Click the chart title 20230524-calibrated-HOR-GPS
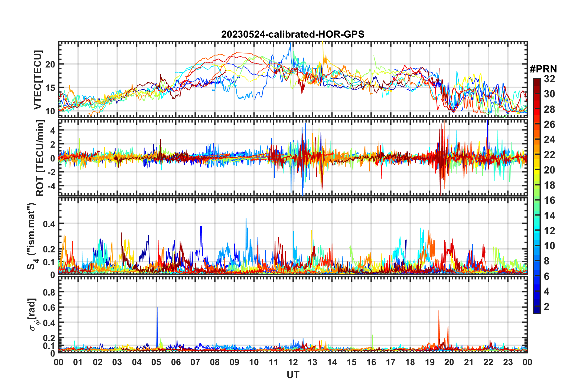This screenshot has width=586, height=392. pyautogui.click(x=293, y=34)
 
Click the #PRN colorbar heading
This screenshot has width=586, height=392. pyautogui.click(x=543, y=69)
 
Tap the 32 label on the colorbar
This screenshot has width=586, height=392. pyautogui.click(x=549, y=79)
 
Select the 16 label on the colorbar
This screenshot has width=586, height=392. pyautogui.click(x=549, y=200)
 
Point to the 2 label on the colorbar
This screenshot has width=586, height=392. pyautogui.click(x=547, y=306)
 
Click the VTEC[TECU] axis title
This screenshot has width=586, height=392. pyautogui.click(x=38, y=80)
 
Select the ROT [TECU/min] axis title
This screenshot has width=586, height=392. pyautogui.click(x=40, y=158)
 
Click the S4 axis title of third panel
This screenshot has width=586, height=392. pyautogui.click(x=32, y=236)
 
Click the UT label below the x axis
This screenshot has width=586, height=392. pyautogui.click(x=293, y=375)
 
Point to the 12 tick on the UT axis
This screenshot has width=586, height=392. pyautogui.click(x=293, y=362)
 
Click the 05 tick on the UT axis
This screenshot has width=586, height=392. pyautogui.click(x=156, y=362)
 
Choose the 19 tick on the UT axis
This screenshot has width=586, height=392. pyautogui.click(x=430, y=362)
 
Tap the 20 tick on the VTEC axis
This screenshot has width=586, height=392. pyautogui.click(x=50, y=64)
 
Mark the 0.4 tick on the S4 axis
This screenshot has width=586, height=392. pyautogui.click(x=49, y=224)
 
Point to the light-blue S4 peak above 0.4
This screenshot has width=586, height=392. pyautogui.click(x=246, y=219)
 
